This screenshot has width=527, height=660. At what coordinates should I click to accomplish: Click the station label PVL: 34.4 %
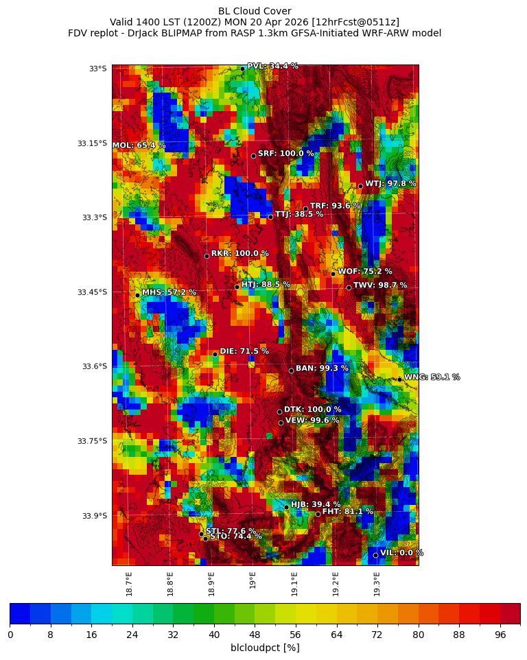click(x=272, y=67)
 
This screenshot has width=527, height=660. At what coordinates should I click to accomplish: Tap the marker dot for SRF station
click(x=253, y=156)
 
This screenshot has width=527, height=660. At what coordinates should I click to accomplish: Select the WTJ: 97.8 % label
click(x=390, y=184)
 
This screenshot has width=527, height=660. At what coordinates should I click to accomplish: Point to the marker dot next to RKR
click(x=207, y=256)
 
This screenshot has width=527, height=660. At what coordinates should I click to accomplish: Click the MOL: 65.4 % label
click(x=139, y=145)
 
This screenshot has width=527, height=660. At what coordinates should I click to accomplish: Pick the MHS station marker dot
click(x=137, y=295)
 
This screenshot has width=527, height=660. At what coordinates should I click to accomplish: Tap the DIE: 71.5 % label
click(x=244, y=351)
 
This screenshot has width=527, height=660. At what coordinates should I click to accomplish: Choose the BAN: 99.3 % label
click(x=322, y=368)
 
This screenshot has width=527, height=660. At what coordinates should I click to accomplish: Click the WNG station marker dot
click(x=399, y=379)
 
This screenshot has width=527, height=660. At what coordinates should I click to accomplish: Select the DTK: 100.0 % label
click(x=312, y=410)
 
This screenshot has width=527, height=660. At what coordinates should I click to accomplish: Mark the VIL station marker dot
click(x=375, y=555)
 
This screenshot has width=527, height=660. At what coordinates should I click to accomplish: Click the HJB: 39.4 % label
click(x=316, y=504)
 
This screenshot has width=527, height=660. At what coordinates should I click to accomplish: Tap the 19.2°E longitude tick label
click(x=336, y=584)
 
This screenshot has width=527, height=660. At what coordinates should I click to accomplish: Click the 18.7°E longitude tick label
click(x=129, y=584)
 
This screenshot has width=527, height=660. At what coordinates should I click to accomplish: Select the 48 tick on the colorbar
click(x=255, y=635)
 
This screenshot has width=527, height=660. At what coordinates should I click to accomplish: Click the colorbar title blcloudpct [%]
click(x=265, y=648)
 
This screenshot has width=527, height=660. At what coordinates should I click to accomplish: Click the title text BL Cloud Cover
click(x=255, y=11)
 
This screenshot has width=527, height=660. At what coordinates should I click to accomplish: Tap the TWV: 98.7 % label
click(x=380, y=285)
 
